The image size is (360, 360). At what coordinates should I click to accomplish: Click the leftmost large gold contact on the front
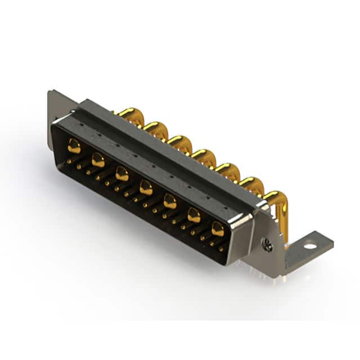point(74,147)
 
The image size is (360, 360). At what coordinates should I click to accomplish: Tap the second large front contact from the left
point(98,160)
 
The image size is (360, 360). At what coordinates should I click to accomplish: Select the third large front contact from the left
point(122,173)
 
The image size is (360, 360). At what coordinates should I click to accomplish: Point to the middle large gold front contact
point(146,187)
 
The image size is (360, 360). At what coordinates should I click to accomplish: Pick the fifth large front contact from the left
point(170,201)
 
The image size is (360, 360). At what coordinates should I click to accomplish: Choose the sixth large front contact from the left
point(194,214)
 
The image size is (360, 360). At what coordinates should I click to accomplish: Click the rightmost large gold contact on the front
point(218,228)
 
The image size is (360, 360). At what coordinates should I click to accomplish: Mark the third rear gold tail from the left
point(180,142)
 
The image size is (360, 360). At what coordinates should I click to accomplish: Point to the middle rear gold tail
point(203,156)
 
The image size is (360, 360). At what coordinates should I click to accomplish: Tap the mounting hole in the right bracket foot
point(310,246)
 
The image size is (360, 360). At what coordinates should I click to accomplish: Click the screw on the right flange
point(268,245)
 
